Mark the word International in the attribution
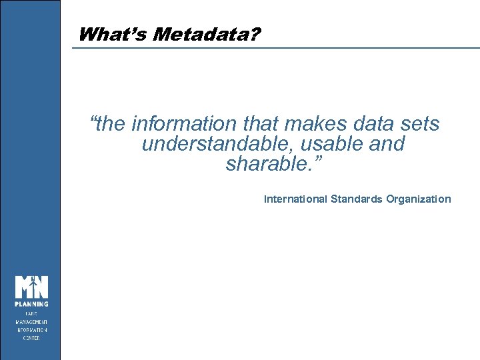click(295, 199)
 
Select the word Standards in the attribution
click(357, 199)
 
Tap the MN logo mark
click(32, 287)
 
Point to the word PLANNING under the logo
click(32, 305)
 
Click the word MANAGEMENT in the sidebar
click(32, 321)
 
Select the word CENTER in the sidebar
click(32, 338)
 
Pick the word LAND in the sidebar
click(32, 313)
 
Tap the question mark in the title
click(256, 35)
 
